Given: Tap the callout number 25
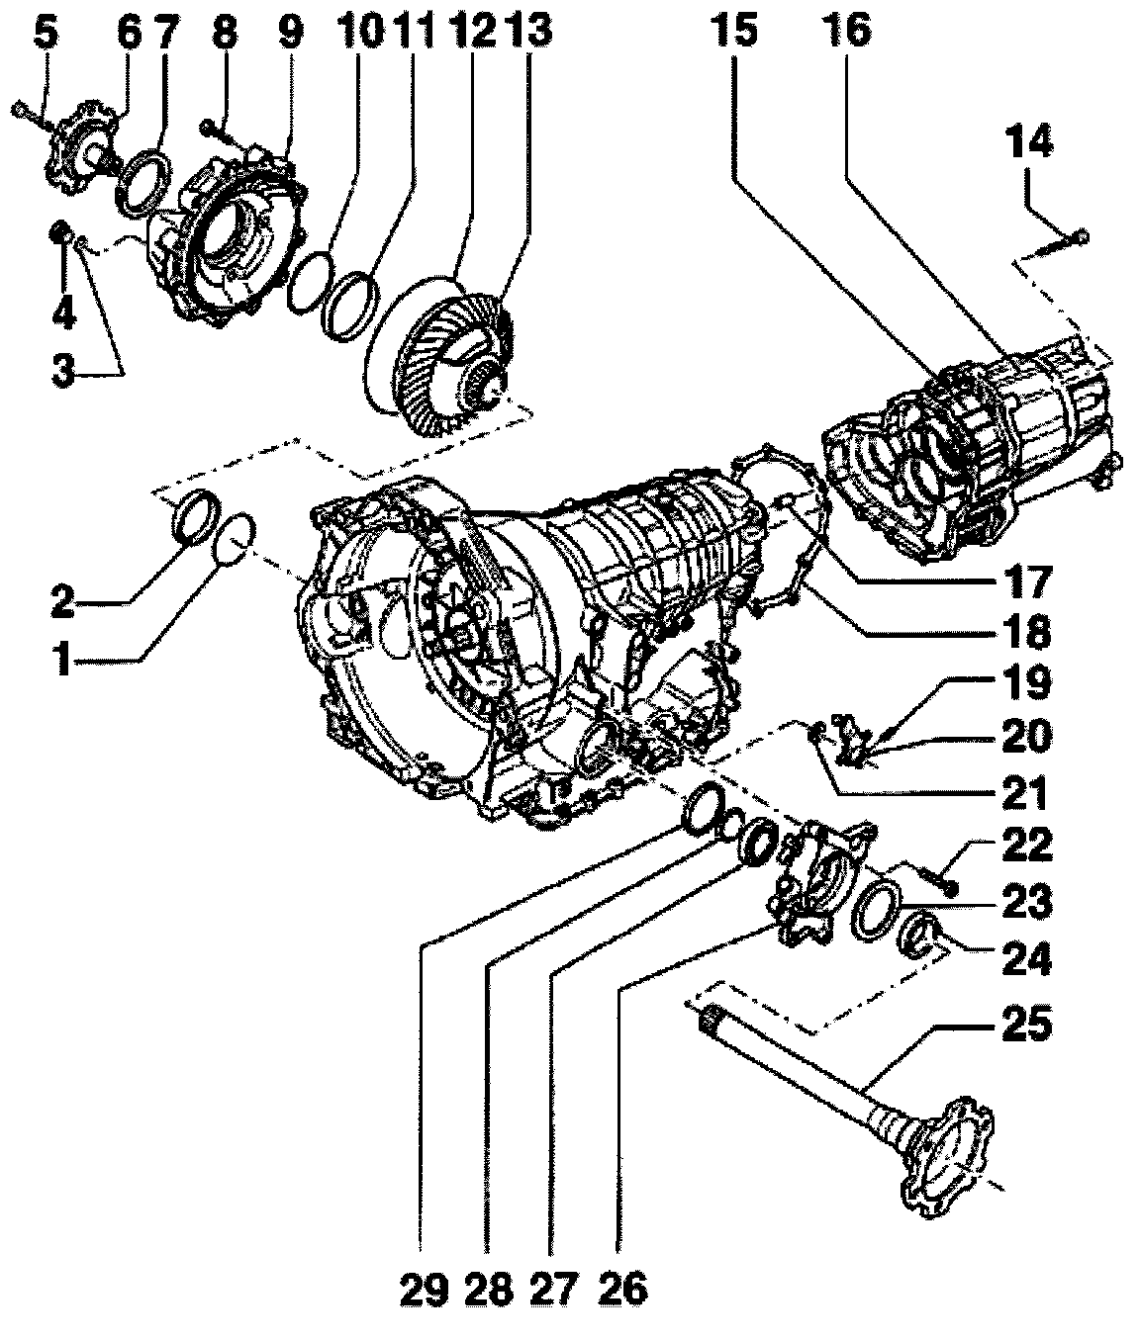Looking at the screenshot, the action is coord(1028,1024).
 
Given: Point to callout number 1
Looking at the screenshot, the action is coord(63,660).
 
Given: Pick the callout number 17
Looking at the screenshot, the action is coord(1028,581).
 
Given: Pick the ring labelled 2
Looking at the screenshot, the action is coord(193,515).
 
